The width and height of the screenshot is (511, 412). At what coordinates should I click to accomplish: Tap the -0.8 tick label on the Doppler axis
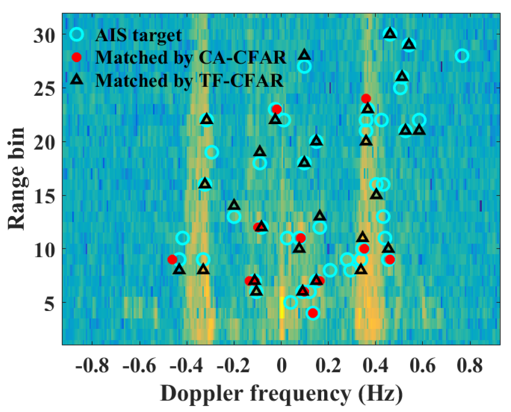coord(92,366)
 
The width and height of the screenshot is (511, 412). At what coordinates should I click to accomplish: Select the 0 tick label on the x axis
coord(281,366)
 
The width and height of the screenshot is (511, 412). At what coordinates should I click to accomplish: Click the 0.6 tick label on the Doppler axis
coord(423,366)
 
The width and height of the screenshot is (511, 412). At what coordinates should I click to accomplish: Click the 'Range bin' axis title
coord(16,179)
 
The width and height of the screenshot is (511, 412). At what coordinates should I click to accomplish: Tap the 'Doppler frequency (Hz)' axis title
coord(281,393)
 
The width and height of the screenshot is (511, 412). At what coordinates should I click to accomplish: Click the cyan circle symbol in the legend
coord(77,34)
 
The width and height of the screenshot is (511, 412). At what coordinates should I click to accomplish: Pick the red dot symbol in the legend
coord(77,57)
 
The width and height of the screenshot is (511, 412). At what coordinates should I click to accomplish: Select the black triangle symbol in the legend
coord(77,79)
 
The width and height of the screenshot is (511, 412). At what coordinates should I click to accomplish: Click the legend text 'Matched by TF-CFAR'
coord(189,80)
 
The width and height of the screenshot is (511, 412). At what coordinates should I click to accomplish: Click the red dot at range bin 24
coord(366,98)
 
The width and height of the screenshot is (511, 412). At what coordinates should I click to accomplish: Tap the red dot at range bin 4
coord(313,313)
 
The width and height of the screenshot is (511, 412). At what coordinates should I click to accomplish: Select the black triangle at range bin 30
coord(390,34)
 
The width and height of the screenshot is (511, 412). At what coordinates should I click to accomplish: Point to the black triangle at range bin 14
coord(234,205)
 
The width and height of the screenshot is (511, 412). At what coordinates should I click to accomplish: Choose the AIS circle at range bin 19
coord(212,152)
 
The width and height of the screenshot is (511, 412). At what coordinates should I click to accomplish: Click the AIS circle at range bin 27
coord(304,67)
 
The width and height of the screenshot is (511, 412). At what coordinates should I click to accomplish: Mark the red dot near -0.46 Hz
coord(172,259)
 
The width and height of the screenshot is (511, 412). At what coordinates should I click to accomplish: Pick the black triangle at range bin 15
coord(377,195)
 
